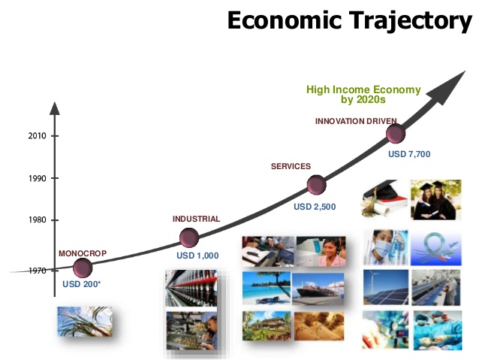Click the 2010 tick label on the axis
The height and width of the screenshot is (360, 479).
[x=37, y=136]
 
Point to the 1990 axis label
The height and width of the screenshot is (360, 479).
[x=38, y=178]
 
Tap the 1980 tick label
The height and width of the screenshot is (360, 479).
[x=38, y=220]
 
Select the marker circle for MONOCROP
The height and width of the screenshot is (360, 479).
[x=83, y=268]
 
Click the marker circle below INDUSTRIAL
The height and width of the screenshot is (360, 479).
[x=189, y=237]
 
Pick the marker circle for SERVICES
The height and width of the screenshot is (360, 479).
[x=317, y=185]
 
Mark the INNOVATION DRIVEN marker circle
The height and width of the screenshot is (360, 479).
[x=396, y=134]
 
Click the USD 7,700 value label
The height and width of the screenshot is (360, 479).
[x=409, y=154]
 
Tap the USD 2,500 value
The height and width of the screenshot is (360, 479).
[x=315, y=207]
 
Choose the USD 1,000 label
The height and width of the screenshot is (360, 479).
[x=197, y=256]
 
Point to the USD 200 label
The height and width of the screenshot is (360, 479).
[x=81, y=284]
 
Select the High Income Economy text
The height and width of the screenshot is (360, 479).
[x=363, y=89]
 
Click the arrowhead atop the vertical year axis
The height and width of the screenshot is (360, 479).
[x=55, y=108]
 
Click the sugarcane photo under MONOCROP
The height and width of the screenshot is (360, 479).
[x=85, y=322]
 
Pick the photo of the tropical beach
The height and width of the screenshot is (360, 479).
[x=266, y=288]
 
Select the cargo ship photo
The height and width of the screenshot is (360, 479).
[x=318, y=289]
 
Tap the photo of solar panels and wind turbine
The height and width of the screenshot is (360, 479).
[x=386, y=287]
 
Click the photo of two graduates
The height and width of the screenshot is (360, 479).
[x=436, y=199]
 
